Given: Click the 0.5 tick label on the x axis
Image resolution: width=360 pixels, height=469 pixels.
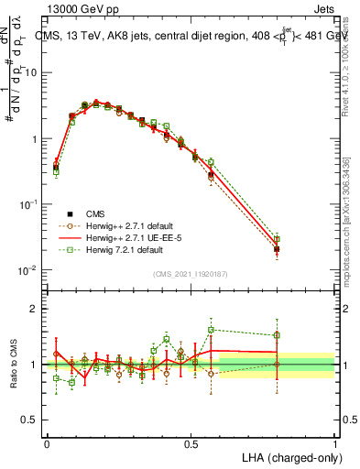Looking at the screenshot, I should pyautogui.click(x=191, y=442).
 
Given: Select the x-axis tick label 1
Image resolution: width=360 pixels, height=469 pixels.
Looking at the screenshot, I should pyautogui.click(x=335, y=442).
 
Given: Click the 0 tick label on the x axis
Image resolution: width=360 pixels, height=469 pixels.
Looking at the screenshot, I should pyautogui.click(x=47, y=442).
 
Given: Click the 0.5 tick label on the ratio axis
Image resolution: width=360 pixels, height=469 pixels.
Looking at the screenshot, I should pyautogui.click(x=31, y=420).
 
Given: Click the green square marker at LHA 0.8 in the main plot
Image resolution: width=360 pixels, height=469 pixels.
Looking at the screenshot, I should pyautogui.click(x=277, y=239).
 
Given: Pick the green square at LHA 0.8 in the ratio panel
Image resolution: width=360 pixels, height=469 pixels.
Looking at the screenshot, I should pyautogui.click(x=277, y=335).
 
